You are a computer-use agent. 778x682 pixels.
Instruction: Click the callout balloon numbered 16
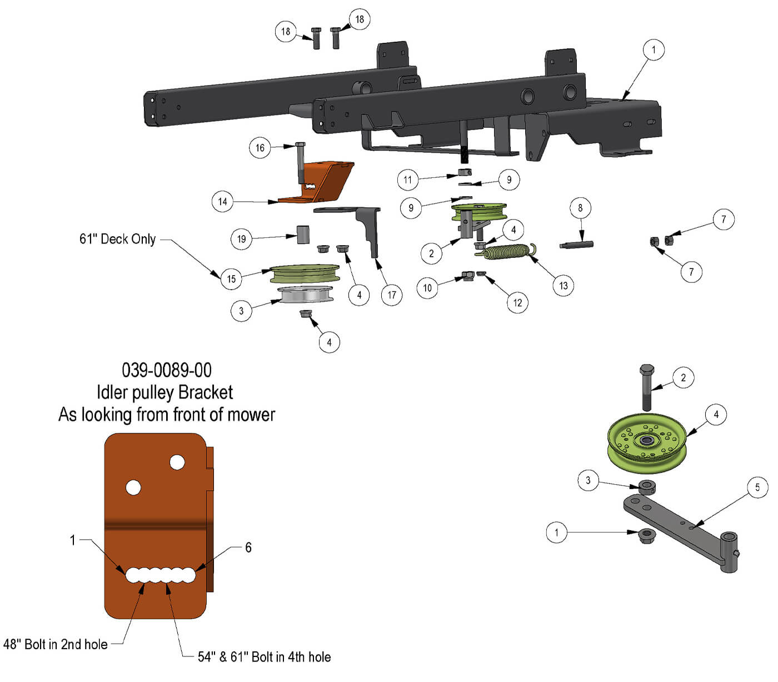[x=260, y=148]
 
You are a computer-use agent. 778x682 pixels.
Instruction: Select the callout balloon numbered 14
[x=222, y=201]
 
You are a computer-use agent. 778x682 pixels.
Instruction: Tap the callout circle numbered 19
[x=241, y=239]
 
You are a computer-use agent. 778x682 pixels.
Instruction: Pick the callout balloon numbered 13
[x=563, y=286]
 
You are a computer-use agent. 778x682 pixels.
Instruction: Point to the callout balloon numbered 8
[x=580, y=208]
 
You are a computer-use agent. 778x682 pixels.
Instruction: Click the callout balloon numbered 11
[x=408, y=180]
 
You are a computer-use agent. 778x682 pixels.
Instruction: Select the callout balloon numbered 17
[x=392, y=295]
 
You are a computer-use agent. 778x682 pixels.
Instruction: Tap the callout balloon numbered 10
[x=427, y=288]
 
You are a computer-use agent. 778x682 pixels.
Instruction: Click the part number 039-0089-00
[x=166, y=370]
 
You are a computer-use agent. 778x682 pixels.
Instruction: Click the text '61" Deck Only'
[x=117, y=239]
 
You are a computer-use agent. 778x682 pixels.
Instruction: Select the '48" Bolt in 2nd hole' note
[x=56, y=644]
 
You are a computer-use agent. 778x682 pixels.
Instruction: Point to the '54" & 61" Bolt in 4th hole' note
[x=264, y=657]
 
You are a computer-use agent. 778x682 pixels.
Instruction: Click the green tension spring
[x=506, y=252]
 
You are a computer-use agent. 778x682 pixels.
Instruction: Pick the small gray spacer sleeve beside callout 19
[x=303, y=235]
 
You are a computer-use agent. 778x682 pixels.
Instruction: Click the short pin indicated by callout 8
[x=577, y=244]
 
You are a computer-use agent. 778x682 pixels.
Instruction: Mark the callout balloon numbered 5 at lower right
[x=757, y=487]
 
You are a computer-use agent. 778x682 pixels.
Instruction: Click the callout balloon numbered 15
[x=231, y=278]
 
